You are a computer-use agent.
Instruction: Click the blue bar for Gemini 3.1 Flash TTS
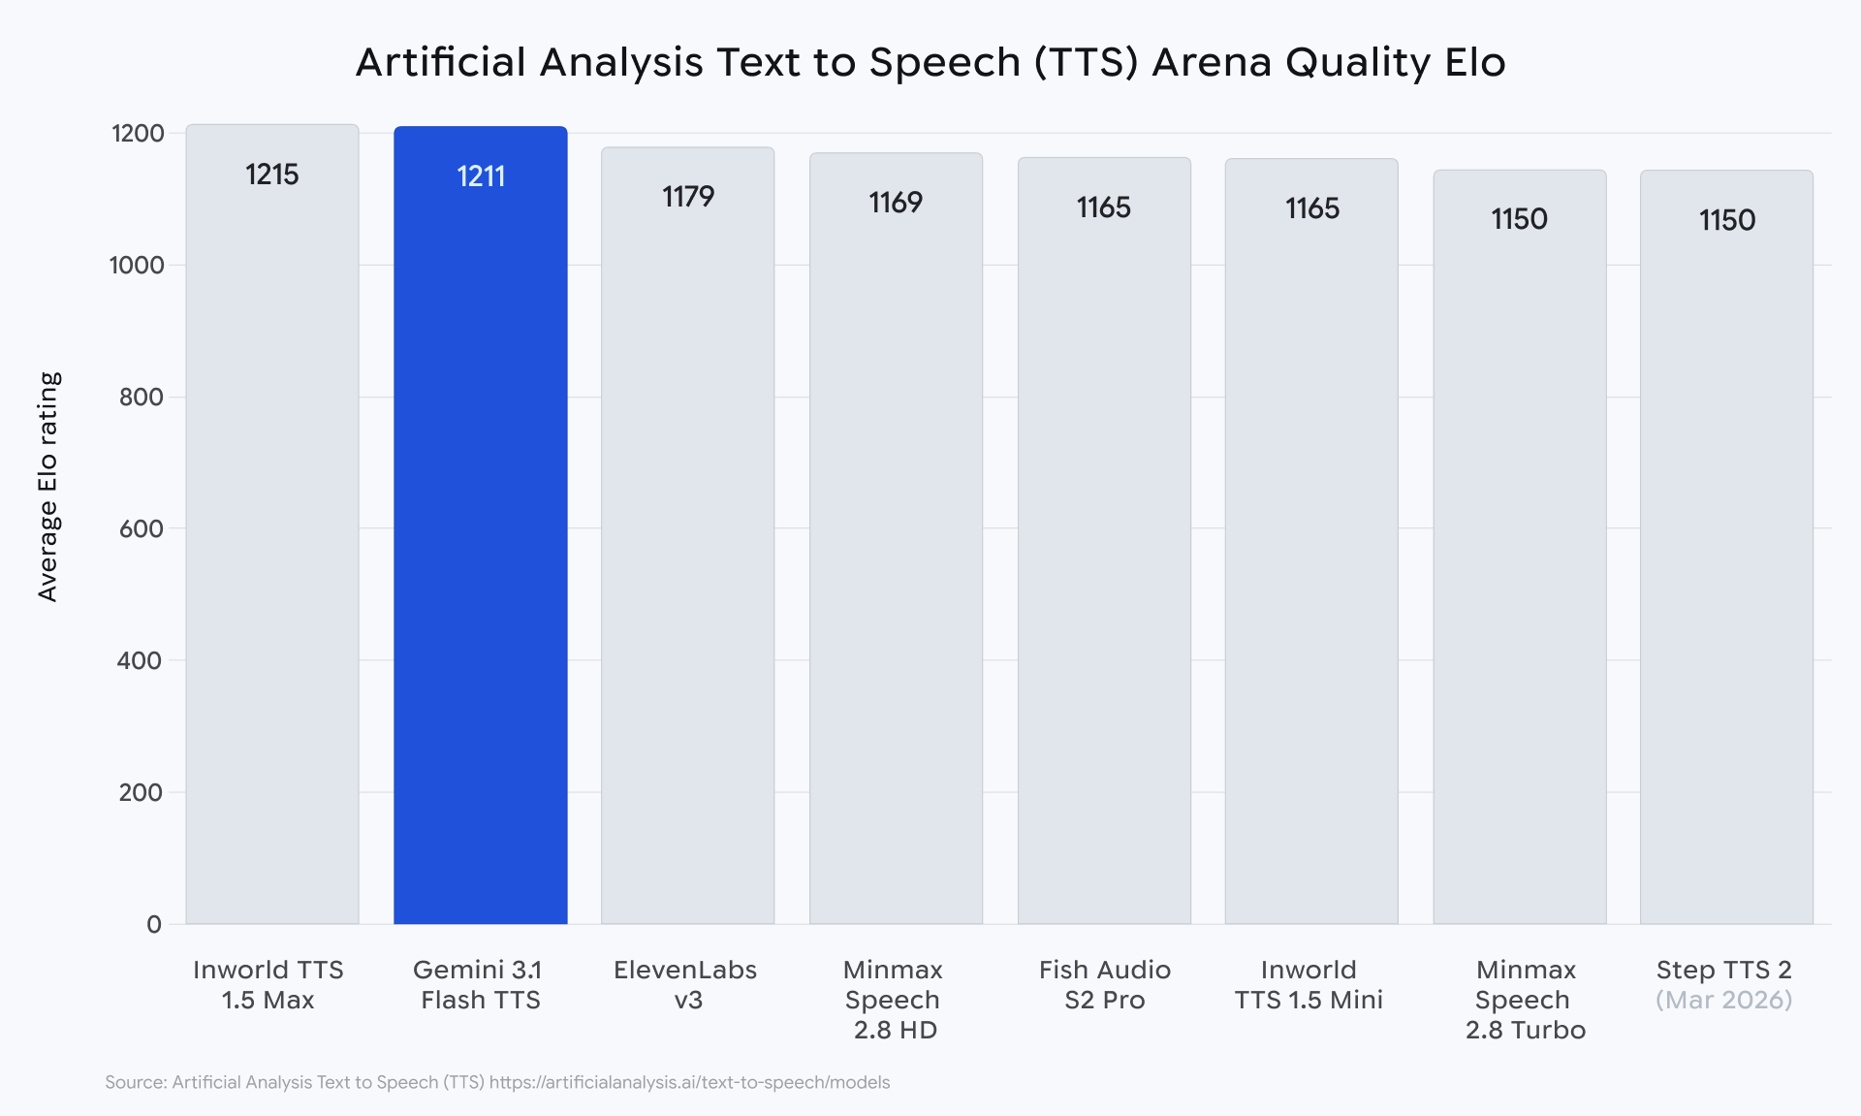click(480, 543)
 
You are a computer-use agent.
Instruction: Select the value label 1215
click(271, 175)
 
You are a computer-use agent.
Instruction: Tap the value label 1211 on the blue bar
click(481, 176)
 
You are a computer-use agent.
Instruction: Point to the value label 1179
click(688, 197)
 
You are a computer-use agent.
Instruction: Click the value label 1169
click(896, 203)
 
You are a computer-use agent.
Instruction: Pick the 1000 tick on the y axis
click(137, 266)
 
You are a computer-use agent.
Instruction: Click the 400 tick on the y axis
click(141, 661)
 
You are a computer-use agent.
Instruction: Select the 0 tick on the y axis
click(154, 925)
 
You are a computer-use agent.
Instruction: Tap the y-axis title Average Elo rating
click(48, 487)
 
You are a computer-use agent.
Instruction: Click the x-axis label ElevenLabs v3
click(685, 984)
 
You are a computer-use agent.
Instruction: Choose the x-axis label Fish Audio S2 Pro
click(1104, 984)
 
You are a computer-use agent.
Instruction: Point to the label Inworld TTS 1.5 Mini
click(1309, 984)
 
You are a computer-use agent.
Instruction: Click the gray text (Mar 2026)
click(1723, 1000)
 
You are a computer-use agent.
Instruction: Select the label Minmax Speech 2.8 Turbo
click(1526, 1000)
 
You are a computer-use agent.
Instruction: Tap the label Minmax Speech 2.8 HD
click(894, 1000)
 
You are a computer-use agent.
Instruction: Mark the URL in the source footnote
click(689, 1082)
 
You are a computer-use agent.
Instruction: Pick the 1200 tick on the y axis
click(138, 134)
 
